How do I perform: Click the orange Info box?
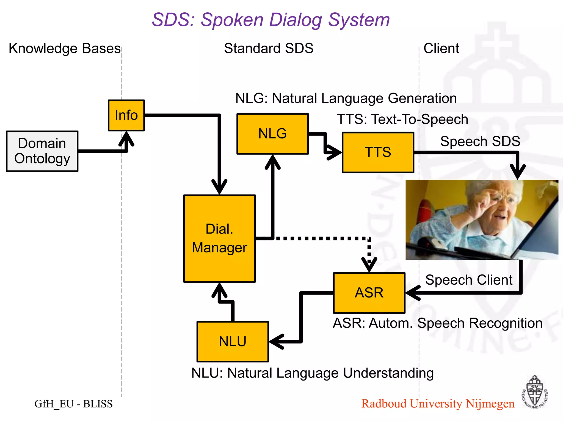click(126, 115)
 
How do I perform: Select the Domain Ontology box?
click(42, 151)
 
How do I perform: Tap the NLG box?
click(272, 134)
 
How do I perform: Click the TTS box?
click(378, 152)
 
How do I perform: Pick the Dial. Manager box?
click(219, 238)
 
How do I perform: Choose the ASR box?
click(369, 293)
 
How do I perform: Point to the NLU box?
click(233, 342)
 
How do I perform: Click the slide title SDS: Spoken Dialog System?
click(271, 20)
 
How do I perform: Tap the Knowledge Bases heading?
click(65, 48)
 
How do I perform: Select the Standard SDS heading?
click(269, 48)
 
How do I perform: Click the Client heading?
click(441, 48)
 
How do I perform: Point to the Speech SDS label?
click(480, 141)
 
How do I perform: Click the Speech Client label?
click(469, 280)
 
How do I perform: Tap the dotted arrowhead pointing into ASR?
click(369, 265)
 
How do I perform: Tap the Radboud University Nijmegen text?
click(438, 404)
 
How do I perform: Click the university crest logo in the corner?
click(534, 392)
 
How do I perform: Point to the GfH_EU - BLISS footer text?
click(73, 404)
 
